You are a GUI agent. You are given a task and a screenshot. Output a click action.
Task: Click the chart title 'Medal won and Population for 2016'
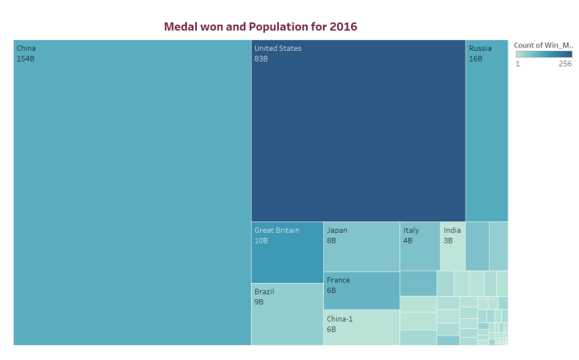(x=260, y=27)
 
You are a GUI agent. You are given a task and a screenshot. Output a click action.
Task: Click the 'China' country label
(x=26, y=48)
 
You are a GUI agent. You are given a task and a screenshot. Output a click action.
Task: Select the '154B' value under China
(x=26, y=59)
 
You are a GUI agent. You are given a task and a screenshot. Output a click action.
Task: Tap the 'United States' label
(x=278, y=48)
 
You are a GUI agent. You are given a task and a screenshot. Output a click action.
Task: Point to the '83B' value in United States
(x=262, y=59)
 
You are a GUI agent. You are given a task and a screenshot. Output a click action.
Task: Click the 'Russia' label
(x=480, y=48)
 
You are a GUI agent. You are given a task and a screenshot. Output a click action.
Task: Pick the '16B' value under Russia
(x=476, y=59)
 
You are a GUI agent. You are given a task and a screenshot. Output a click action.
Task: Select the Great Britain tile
(x=287, y=253)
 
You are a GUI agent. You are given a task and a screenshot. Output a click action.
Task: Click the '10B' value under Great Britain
(x=261, y=241)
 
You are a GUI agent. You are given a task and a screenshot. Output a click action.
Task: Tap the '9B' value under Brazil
(x=259, y=302)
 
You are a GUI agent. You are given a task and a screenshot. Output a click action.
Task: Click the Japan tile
(x=361, y=247)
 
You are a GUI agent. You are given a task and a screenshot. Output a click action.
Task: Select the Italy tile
(x=420, y=246)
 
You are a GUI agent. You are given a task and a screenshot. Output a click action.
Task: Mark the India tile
(x=453, y=246)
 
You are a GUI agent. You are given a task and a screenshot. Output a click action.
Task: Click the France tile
(x=361, y=290)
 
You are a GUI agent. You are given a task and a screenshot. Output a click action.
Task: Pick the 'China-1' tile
(x=361, y=327)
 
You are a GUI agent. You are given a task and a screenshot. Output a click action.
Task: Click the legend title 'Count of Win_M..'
(x=544, y=45)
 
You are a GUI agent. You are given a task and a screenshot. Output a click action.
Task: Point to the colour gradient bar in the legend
(x=544, y=54)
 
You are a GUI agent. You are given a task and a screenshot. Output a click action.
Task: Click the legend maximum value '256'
(x=565, y=64)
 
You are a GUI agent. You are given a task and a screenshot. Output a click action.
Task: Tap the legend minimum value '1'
(x=517, y=64)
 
